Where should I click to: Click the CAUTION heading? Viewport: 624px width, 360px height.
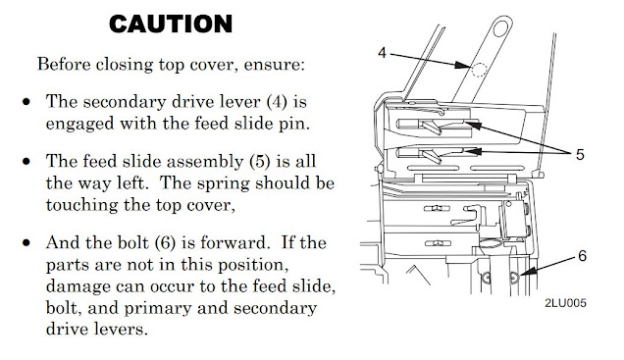click(x=171, y=24)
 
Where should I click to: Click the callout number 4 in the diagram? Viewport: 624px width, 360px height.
click(x=382, y=53)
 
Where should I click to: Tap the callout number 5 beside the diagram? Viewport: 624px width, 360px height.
click(x=580, y=154)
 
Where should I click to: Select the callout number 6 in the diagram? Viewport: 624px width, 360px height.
click(x=582, y=256)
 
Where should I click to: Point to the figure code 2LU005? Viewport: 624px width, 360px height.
click(x=565, y=303)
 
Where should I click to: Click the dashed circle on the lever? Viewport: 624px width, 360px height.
click(x=479, y=70)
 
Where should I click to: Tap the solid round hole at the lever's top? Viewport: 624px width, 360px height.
click(x=500, y=28)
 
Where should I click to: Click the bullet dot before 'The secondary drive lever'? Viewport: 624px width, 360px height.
click(x=26, y=102)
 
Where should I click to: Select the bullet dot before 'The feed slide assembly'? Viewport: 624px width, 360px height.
click(x=26, y=162)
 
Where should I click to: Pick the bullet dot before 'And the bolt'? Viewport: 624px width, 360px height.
click(x=26, y=243)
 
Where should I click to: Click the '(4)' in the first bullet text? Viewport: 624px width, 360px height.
click(x=277, y=102)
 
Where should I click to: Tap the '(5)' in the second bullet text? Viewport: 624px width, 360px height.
click(x=260, y=162)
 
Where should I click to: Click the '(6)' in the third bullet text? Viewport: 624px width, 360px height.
click(x=165, y=243)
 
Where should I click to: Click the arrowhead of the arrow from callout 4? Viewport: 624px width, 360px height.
click(x=463, y=65)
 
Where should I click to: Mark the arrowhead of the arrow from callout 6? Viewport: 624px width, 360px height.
click(x=526, y=272)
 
